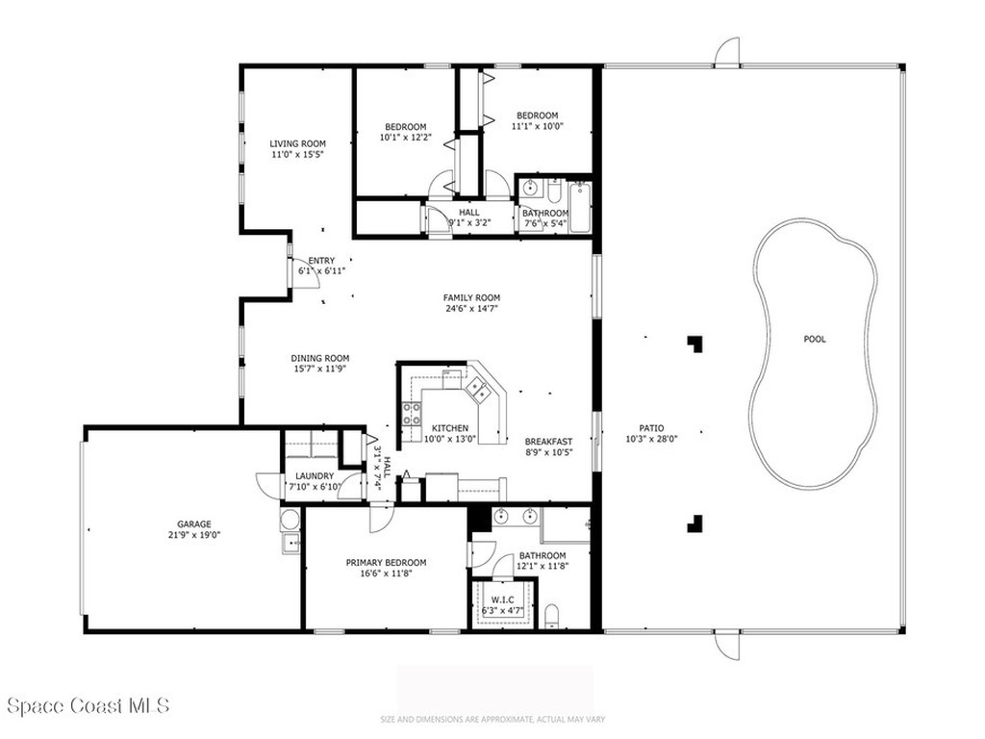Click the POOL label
[x=815, y=339]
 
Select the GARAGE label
[x=193, y=524]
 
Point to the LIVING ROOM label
[x=290, y=143]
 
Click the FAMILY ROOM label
[x=471, y=297]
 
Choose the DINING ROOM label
[x=320, y=358]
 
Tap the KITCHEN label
[x=449, y=428]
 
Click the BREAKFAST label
[x=548, y=442]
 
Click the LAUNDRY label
[x=315, y=476]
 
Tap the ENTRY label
[x=320, y=261]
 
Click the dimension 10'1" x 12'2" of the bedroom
[x=405, y=138]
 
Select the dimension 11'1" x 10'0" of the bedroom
[x=537, y=125]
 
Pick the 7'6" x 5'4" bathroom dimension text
[x=544, y=224]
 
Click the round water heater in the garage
[x=290, y=521]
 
